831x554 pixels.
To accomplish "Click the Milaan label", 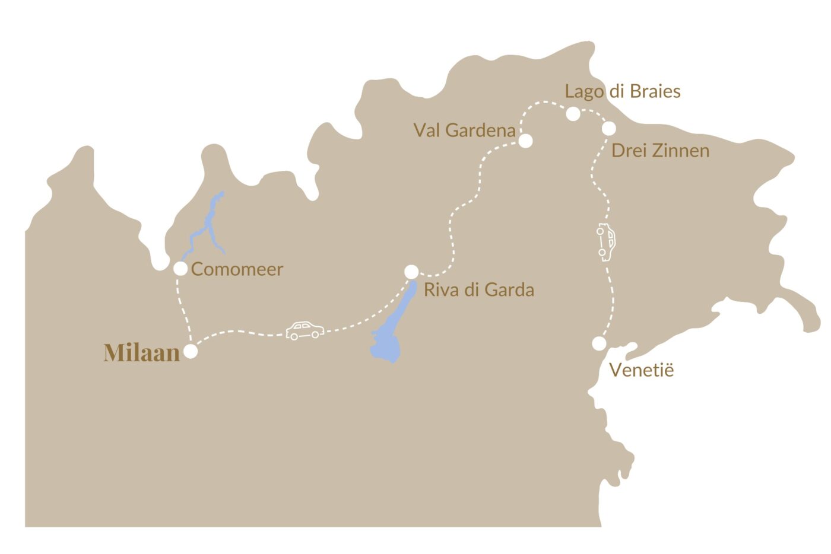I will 142,352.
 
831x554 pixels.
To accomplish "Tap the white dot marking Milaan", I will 191,351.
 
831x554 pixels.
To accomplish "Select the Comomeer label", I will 237,269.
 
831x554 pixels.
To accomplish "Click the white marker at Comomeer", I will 180,269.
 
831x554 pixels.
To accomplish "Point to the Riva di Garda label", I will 478,290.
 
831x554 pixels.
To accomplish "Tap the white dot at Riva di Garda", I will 411,272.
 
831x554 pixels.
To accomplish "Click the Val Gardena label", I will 464,130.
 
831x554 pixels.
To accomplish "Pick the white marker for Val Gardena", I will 525,141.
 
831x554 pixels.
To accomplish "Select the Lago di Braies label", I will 622,91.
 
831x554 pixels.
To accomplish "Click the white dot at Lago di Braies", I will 573,114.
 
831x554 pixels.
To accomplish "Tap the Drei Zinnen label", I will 660,151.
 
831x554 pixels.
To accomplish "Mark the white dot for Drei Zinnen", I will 608,128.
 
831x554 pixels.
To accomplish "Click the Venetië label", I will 642,370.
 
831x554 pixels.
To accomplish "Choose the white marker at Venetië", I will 599,343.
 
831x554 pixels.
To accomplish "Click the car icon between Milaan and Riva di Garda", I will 305,330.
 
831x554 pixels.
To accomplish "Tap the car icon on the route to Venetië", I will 606,242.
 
